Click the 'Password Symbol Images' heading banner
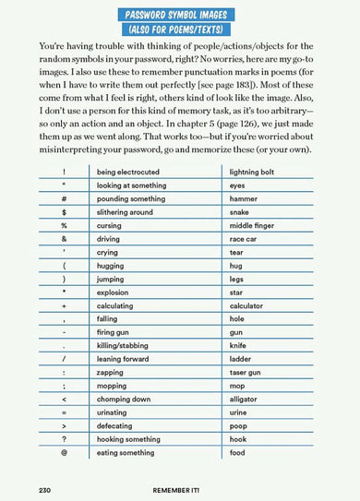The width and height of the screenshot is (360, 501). [x=179, y=13]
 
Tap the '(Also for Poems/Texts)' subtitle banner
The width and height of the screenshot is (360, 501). [x=179, y=30]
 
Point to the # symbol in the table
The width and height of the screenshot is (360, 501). [x=65, y=199]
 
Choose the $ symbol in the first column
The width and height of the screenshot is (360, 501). [x=65, y=212]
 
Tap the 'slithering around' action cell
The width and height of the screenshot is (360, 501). [x=126, y=212]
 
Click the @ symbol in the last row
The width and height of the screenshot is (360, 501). [x=65, y=453]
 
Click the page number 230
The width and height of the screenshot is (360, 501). [x=47, y=487]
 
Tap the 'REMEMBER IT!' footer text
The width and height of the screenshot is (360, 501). [x=179, y=487]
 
